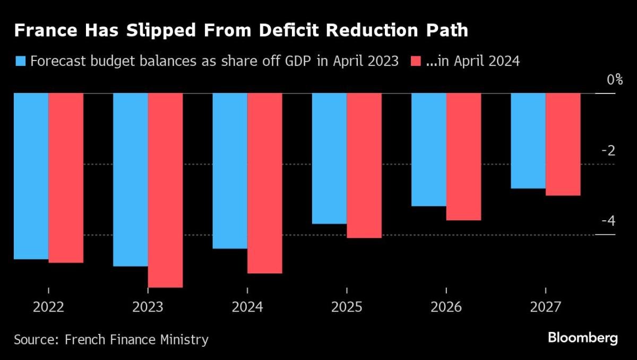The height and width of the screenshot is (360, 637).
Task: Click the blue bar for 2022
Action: (31, 176)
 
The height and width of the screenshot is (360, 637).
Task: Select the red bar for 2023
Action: (166, 190)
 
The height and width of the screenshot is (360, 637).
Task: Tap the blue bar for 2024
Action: (230, 170)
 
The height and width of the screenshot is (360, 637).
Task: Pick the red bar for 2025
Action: (364, 165)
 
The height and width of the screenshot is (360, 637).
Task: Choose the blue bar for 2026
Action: (428, 149)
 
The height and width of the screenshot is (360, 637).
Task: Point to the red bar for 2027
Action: (563, 144)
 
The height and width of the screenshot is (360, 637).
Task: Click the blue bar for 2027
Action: (528, 141)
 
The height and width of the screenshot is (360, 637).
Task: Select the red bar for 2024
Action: (265, 183)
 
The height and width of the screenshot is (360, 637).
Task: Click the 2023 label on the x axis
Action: (148, 307)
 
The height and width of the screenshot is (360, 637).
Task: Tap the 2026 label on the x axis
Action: (446, 307)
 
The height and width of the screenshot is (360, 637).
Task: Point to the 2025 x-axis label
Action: (347, 307)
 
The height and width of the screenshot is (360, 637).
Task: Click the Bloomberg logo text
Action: (582, 338)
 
